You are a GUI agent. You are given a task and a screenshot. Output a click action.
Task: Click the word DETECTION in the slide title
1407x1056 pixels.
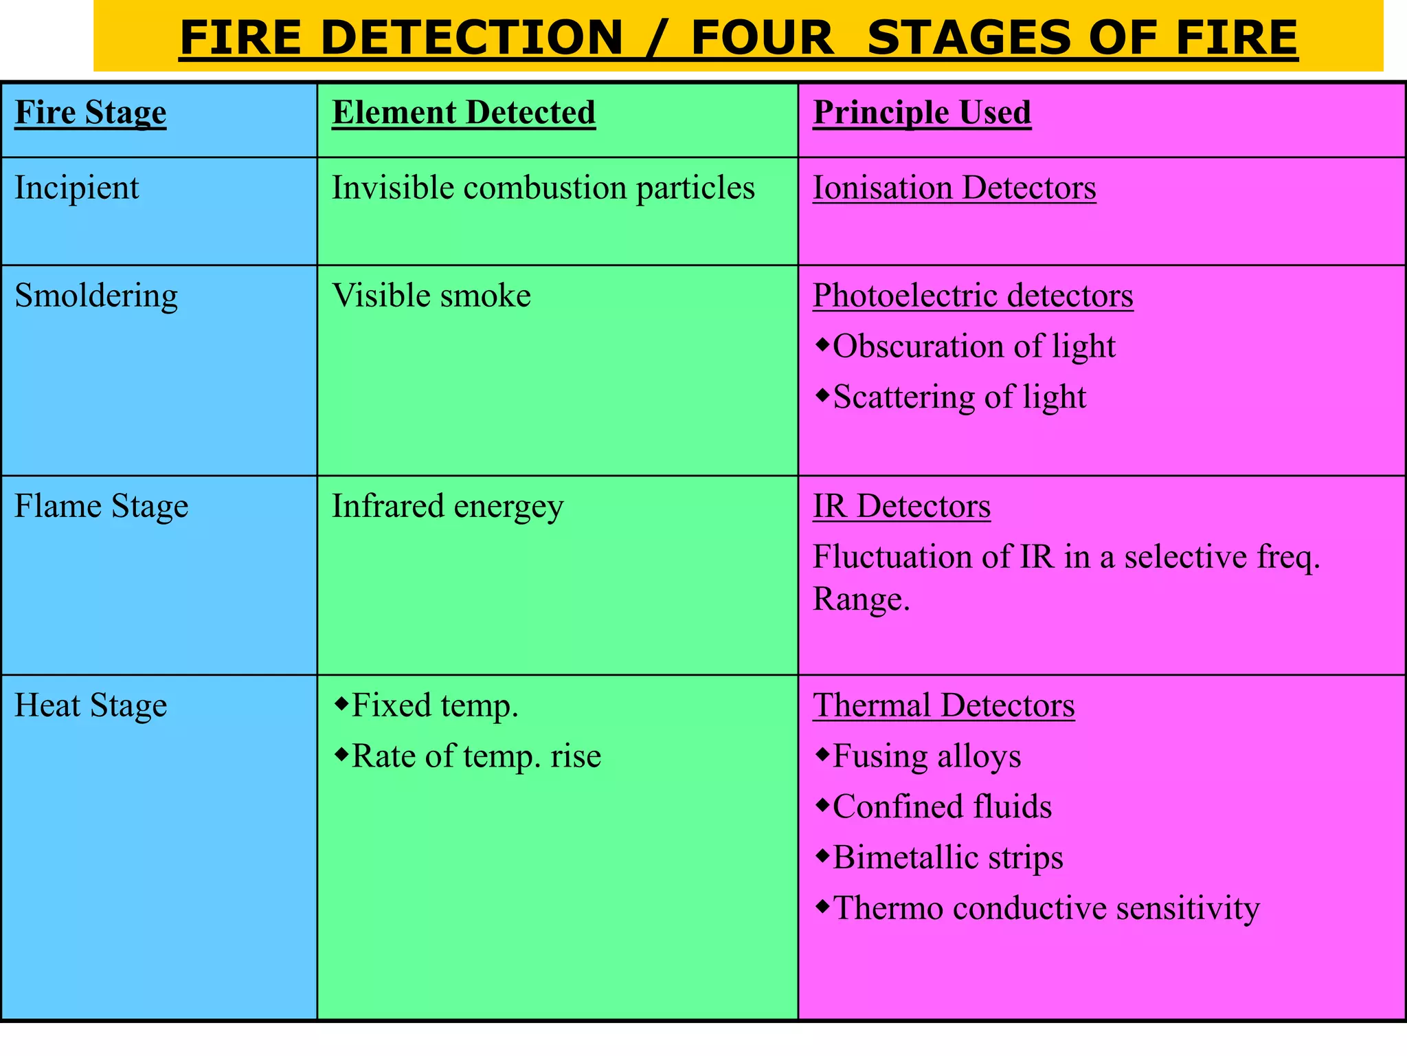click(x=471, y=38)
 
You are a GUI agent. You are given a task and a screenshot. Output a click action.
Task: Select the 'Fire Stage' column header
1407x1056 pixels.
click(x=91, y=113)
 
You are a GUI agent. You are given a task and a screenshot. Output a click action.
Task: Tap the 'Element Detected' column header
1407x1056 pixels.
click(x=464, y=113)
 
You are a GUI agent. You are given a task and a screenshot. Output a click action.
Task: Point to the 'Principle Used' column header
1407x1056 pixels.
click(x=922, y=113)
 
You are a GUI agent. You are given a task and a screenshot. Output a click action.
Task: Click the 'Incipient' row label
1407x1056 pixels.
click(x=77, y=188)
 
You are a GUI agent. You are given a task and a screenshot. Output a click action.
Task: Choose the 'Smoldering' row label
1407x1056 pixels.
click(x=96, y=296)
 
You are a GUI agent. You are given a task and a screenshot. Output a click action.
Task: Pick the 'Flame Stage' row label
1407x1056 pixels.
click(x=102, y=507)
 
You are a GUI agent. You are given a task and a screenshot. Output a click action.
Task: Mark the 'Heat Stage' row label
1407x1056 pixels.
click(x=91, y=706)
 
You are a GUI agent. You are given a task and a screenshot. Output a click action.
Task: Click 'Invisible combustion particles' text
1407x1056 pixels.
click(x=543, y=188)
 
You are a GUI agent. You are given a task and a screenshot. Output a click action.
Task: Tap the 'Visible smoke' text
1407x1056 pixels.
click(x=431, y=296)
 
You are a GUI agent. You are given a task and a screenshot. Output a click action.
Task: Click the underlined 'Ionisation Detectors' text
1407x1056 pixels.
click(x=954, y=188)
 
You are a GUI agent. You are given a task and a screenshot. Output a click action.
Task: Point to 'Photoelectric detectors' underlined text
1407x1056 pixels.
click(x=973, y=296)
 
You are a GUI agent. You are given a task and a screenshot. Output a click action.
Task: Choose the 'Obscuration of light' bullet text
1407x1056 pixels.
click(x=973, y=346)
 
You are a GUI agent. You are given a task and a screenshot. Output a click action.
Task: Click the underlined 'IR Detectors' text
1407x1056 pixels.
click(x=901, y=507)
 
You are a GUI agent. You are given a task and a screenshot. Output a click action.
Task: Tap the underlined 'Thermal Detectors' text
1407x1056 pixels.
click(x=944, y=706)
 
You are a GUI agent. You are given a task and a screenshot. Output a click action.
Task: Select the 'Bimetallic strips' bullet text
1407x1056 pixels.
click(x=948, y=857)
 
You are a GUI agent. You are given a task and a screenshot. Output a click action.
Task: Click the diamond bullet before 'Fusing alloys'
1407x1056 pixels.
click(x=822, y=755)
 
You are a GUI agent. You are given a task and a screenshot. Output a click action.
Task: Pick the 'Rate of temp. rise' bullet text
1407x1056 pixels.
click(x=476, y=756)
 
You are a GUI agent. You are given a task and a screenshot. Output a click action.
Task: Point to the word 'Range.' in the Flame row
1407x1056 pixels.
click(x=862, y=599)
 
